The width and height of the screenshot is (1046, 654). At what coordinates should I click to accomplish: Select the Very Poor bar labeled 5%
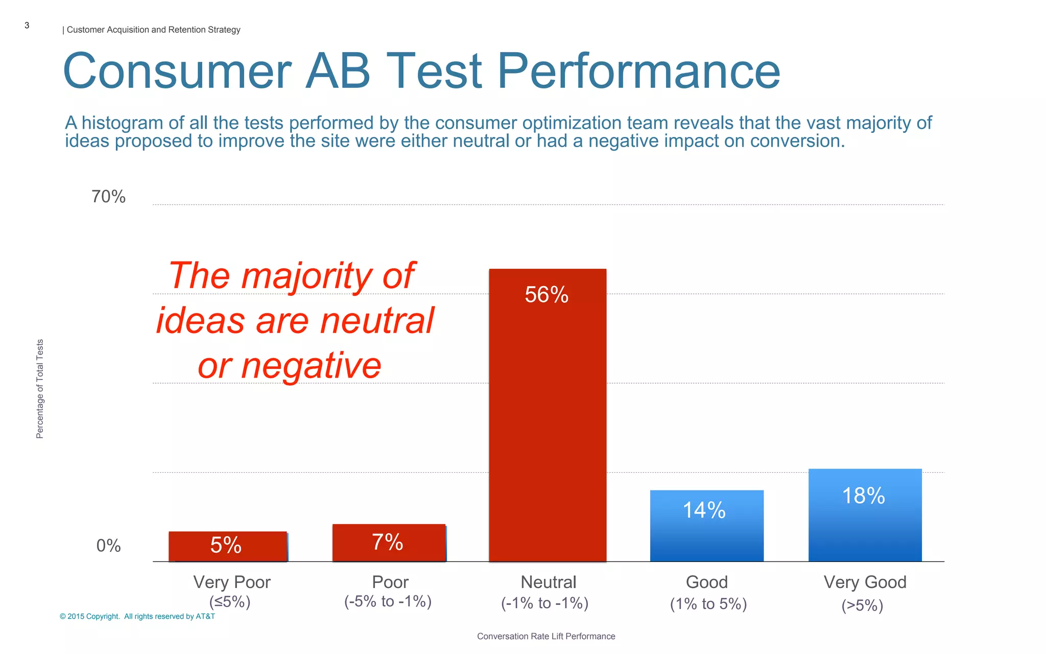coord(228,546)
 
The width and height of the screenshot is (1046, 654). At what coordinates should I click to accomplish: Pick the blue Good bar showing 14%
coord(706,526)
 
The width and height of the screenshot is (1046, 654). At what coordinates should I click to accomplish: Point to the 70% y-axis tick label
coord(108,197)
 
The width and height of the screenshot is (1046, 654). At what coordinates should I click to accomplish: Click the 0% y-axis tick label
coord(108,546)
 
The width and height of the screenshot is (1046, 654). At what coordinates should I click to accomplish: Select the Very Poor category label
coord(232,582)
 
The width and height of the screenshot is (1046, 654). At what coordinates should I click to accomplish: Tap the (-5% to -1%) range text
coord(388,601)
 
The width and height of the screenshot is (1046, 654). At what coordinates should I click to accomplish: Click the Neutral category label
coord(548,582)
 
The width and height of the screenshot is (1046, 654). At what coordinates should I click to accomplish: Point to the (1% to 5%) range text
coord(708,604)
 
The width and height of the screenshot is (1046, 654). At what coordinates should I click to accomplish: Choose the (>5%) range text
coord(862,605)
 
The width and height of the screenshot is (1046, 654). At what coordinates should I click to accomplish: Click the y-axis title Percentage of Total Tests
coord(40,389)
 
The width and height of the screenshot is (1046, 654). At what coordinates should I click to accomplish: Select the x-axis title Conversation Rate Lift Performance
coord(546,636)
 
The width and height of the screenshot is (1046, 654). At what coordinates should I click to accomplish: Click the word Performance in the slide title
coord(638,72)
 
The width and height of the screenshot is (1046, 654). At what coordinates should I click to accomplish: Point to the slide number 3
coord(27,26)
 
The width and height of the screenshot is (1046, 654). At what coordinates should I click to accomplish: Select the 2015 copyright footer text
coord(137,616)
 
